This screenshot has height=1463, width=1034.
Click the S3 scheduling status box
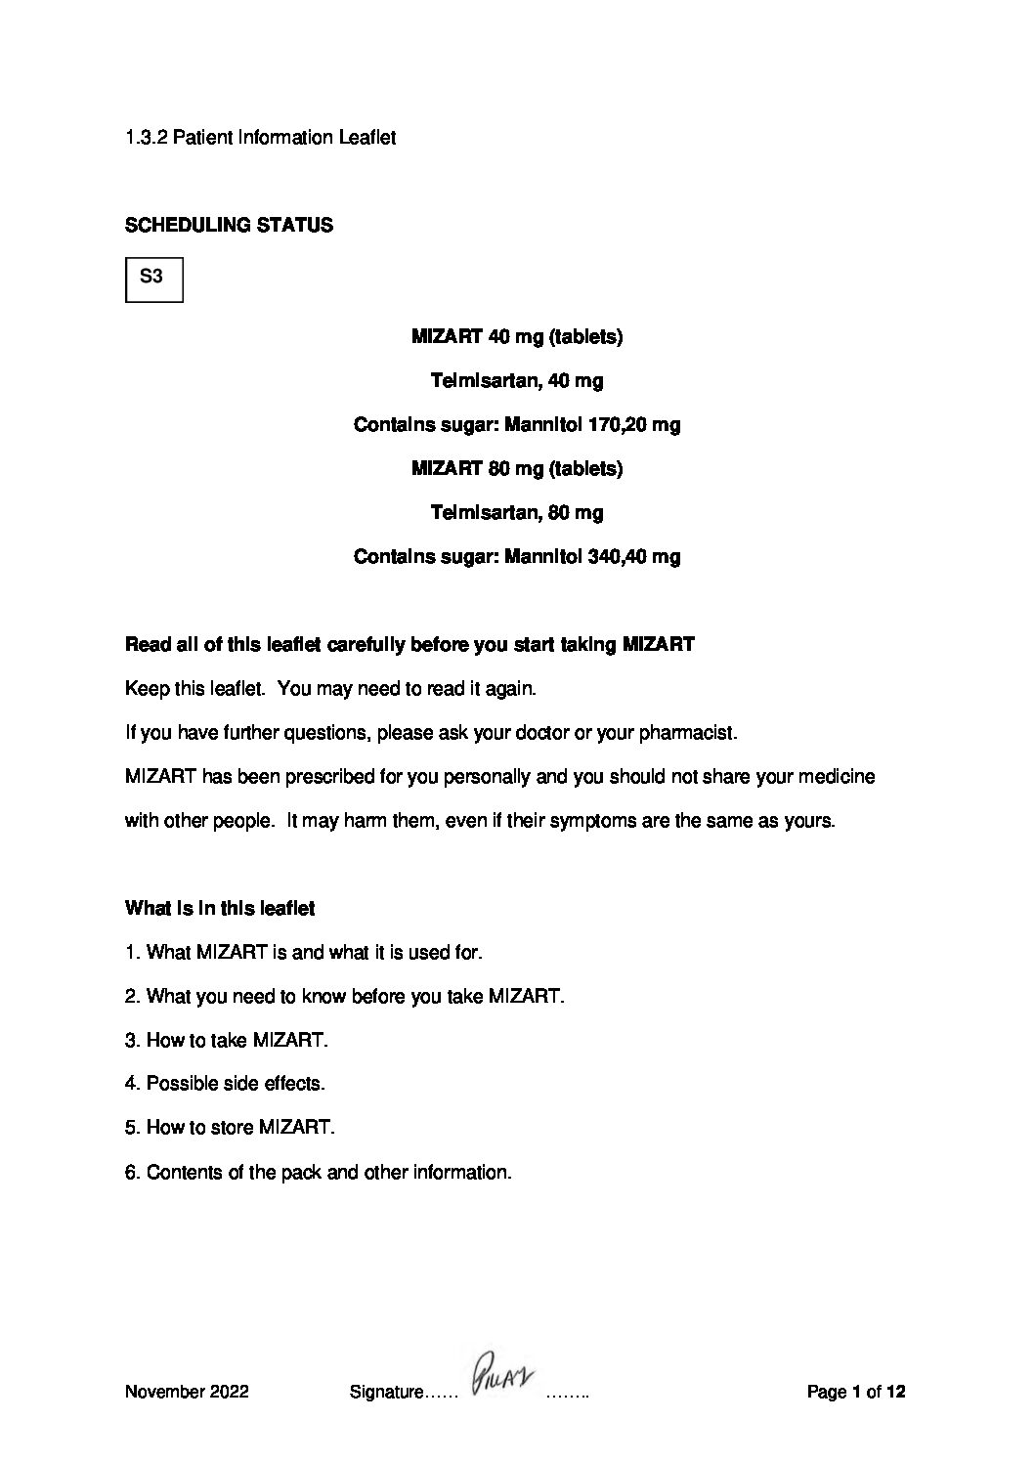click(x=153, y=279)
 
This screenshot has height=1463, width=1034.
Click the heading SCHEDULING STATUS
click(x=229, y=226)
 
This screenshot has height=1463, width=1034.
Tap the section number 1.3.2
click(x=147, y=138)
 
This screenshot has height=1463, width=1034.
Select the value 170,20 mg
click(x=635, y=425)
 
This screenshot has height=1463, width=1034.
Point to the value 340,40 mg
click(x=635, y=557)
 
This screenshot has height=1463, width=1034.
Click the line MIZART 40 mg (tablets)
click(x=517, y=337)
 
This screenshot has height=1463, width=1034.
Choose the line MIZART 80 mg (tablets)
click(x=517, y=469)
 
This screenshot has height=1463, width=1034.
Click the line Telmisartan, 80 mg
click(x=517, y=513)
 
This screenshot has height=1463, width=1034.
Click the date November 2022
click(x=187, y=1392)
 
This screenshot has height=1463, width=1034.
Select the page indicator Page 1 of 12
click(x=856, y=1392)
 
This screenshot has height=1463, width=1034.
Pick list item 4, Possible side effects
click(x=225, y=1084)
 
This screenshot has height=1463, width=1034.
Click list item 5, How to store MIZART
click(x=230, y=1128)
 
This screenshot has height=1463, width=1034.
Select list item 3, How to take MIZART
click(x=227, y=1040)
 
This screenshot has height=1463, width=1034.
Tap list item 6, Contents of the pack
click(x=318, y=1172)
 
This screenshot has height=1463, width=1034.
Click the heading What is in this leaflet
click(x=220, y=909)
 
